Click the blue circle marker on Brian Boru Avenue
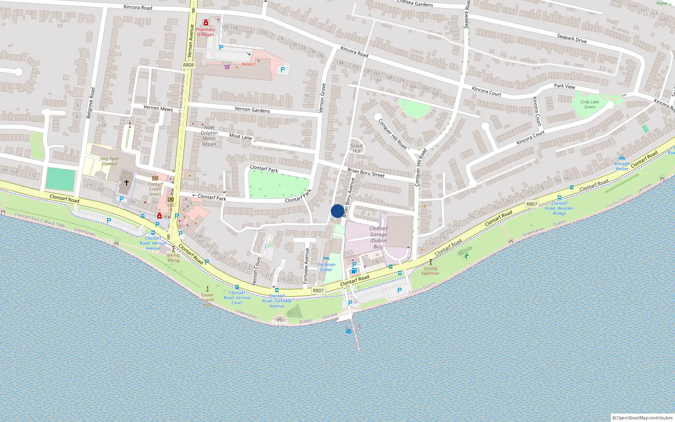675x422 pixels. coord(337,211)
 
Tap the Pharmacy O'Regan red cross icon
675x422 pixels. coord(206,23)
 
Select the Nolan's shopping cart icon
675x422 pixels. coord(227,67)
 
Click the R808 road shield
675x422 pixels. coord(188,65)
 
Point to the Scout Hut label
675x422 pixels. coord(356,148)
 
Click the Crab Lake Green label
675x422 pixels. coord(589,104)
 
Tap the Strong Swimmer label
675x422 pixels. coord(430,271)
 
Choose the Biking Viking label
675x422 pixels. coord(173,257)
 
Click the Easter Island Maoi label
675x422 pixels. coord(208,300)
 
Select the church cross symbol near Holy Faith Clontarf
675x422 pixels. coord(126,183)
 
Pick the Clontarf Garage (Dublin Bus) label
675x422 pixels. coord(378,237)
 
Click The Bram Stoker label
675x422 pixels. coord(326,267)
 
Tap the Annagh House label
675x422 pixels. coord(621,166)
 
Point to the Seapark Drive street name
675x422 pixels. coord(572,38)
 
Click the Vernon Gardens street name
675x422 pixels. coord(252,110)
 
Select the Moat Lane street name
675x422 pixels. coord(240,136)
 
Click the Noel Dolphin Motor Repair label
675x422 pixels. coord(209,135)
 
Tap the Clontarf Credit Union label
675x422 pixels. coord(155,189)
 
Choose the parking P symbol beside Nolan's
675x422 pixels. coord(283,70)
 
